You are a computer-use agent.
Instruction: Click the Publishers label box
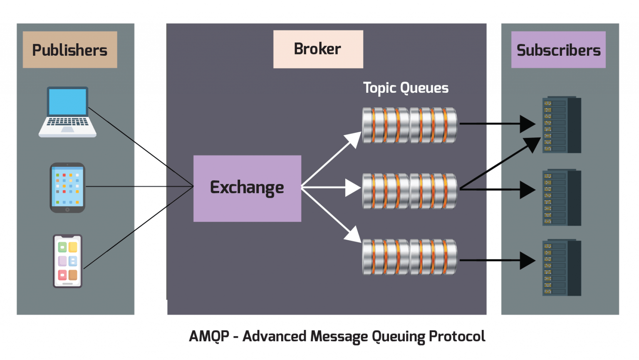click(70, 50)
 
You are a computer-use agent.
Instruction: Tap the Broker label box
click(318, 49)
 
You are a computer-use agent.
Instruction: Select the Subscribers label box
click(558, 50)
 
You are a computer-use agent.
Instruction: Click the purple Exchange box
click(247, 188)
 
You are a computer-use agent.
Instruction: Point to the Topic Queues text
click(406, 88)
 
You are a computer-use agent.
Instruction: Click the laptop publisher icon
click(67, 112)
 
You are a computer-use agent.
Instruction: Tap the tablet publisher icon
click(67, 188)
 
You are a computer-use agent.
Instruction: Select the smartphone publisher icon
click(67, 261)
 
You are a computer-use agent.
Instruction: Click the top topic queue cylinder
click(410, 125)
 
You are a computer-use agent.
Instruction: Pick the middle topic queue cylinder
click(410, 191)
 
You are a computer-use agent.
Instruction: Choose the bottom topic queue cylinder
click(410, 257)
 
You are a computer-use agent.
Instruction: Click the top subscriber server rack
click(561, 125)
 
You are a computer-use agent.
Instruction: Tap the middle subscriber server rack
click(561, 198)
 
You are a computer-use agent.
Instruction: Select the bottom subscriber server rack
click(561, 268)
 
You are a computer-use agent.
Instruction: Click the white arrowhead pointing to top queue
click(354, 139)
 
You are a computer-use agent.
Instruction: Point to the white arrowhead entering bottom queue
click(354, 235)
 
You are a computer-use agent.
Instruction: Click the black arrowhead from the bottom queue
click(527, 261)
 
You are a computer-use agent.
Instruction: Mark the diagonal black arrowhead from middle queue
click(532, 144)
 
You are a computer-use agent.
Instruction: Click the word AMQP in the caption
click(209, 336)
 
